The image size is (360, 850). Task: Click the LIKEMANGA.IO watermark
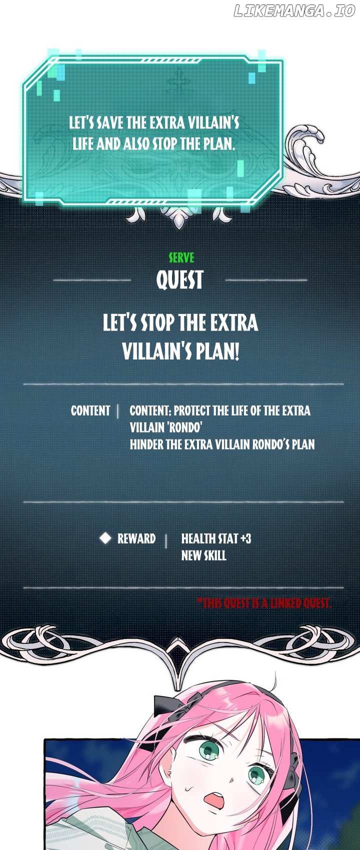click(x=294, y=11)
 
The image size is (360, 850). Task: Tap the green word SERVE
click(x=181, y=258)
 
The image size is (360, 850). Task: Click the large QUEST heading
click(x=180, y=280)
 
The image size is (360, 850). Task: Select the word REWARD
click(x=136, y=538)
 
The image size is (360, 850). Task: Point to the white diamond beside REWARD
click(x=105, y=538)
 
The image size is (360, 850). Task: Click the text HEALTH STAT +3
click(x=216, y=538)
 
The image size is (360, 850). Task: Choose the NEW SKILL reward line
click(x=203, y=556)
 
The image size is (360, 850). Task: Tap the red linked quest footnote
click(x=264, y=603)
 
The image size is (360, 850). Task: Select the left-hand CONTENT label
click(x=90, y=410)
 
